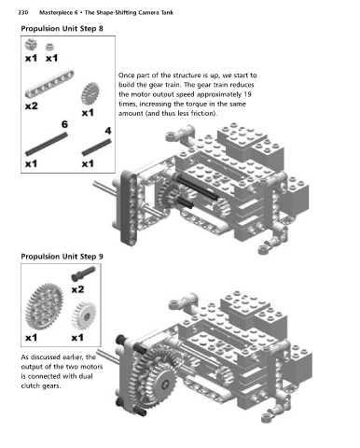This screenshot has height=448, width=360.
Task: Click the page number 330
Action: [22, 12]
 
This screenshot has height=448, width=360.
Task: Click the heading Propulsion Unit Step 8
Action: [62, 29]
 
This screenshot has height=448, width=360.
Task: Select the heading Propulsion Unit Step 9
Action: [62, 257]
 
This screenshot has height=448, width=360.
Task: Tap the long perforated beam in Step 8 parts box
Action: [49, 84]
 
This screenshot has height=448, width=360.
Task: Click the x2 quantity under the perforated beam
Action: [32, 106]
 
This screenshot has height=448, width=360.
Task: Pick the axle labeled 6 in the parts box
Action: [47, 144]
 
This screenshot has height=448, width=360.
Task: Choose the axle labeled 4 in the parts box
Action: [96, 147]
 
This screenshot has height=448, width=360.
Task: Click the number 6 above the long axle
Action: [64, 124]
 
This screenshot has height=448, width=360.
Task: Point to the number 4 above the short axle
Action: [108, 131]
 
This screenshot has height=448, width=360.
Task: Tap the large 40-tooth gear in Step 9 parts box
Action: [44, 306]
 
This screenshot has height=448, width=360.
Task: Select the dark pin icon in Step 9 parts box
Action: [83, 273]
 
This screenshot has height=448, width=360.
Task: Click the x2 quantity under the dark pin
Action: [77, 289]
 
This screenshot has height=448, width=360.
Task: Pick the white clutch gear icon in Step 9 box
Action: [84, 315]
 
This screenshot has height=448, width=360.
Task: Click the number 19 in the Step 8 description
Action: [248, 94]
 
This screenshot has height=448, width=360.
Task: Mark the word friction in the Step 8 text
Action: [202, 114]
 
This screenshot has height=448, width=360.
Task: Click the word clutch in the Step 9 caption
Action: [31, 385]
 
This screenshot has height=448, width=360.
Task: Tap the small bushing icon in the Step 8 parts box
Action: [49, 47]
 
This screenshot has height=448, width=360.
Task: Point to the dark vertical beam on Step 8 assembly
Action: [129, 208]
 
